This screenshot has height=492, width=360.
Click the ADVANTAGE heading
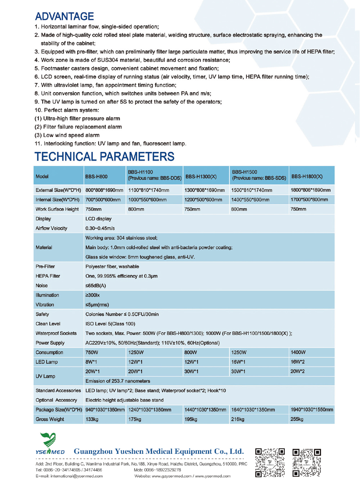pos(64,17)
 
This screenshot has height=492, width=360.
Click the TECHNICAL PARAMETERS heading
pos(104,157)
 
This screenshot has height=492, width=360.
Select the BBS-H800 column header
pos(96,176)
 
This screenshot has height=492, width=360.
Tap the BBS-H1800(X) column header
pos(307,176)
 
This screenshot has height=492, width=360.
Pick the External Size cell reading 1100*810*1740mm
pos(149,190)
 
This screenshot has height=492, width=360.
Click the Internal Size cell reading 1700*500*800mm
pos(309,200)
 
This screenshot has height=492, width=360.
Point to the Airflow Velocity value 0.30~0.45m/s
pos(100,228)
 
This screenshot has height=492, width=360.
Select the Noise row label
pos(41,286)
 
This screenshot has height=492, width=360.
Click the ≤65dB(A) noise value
pos(95,286)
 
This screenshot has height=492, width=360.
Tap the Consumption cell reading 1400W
pos(298,352)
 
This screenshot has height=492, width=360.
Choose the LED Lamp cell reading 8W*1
pos(91,362)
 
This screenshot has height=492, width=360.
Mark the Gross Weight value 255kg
pos(297,419)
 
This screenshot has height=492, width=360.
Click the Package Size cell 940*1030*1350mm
pos(105,410)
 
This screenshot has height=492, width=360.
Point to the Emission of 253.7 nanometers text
pos(118,381)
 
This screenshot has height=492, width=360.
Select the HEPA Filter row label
pos(48,276)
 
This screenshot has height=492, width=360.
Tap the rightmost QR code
pos(306,462)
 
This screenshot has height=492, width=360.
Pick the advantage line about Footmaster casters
pos(127,68)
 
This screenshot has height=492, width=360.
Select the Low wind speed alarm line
pos(67,135)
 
